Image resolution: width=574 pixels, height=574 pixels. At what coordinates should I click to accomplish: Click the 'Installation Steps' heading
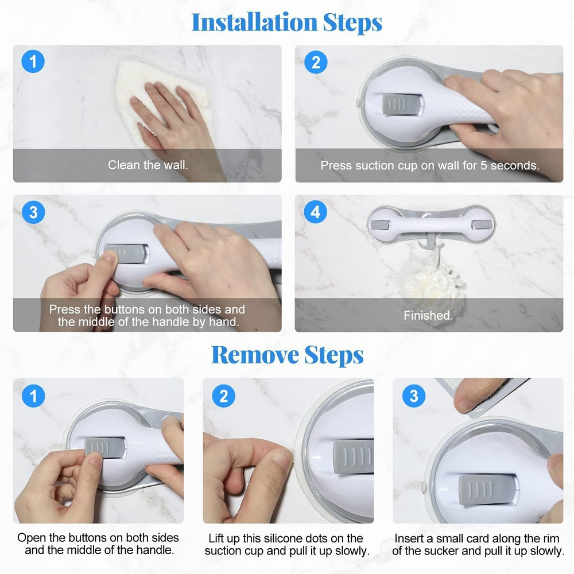point(286,23)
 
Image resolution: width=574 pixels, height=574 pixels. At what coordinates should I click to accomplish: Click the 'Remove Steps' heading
point(288,355)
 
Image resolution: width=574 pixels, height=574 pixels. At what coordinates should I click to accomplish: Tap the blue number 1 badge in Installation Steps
point(33,61)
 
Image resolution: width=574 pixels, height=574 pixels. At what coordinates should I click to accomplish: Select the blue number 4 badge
point(316,212)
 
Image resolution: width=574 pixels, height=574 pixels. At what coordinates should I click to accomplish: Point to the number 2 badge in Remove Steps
point(224,395)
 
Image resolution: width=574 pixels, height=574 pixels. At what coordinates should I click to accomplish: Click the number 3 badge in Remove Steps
point(414,395)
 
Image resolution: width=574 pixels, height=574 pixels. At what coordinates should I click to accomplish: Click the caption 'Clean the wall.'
point(148,165)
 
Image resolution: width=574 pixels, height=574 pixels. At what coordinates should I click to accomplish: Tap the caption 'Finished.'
point(428,315)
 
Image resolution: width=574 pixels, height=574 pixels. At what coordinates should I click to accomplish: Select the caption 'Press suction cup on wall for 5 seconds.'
point(430,165)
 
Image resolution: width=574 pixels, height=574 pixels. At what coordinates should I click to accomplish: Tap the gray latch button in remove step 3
point(487,490)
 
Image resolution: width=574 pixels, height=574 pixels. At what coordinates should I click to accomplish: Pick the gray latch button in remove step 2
point(354,456)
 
